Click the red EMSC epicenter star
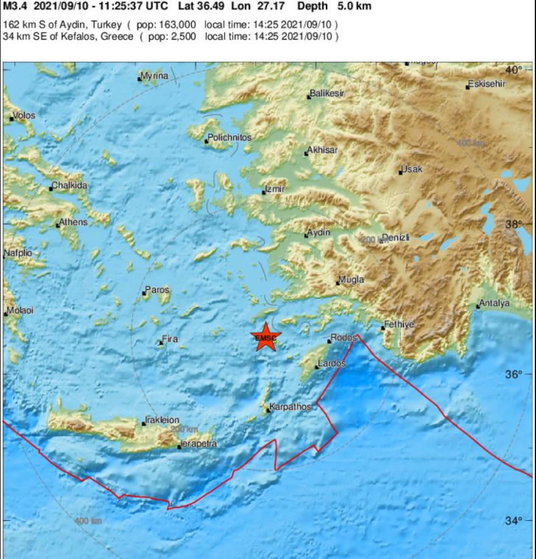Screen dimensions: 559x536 pyautogui.click(x=264, y=337)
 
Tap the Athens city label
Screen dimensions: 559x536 pyautogui.click(x=74, y=222)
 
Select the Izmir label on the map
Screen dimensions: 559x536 pyautogui.click(x=275, y=189)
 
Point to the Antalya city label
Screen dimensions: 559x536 pyautogui.click(x=495, y=303)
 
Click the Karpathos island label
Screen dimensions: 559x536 pyautogui.click(x=291, y=407)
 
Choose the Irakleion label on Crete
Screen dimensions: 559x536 pyautogui.click(x=163, y=420)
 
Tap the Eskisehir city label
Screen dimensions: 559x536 pyautogui.click(x=487, y=84)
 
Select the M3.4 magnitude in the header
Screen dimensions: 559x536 pyautogui.click(x=15, y=7)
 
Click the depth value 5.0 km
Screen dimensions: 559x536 pyautogui.click(x=353, y=7)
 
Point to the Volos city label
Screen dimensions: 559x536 pyautogui.click(x=25, y=116)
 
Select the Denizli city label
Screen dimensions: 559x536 pyautogui.click(x=396, y=237)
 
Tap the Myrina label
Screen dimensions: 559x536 pyautogui.click(x=154, y=76)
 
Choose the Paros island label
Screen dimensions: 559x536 pyautogui.click(x=158, y=290)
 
